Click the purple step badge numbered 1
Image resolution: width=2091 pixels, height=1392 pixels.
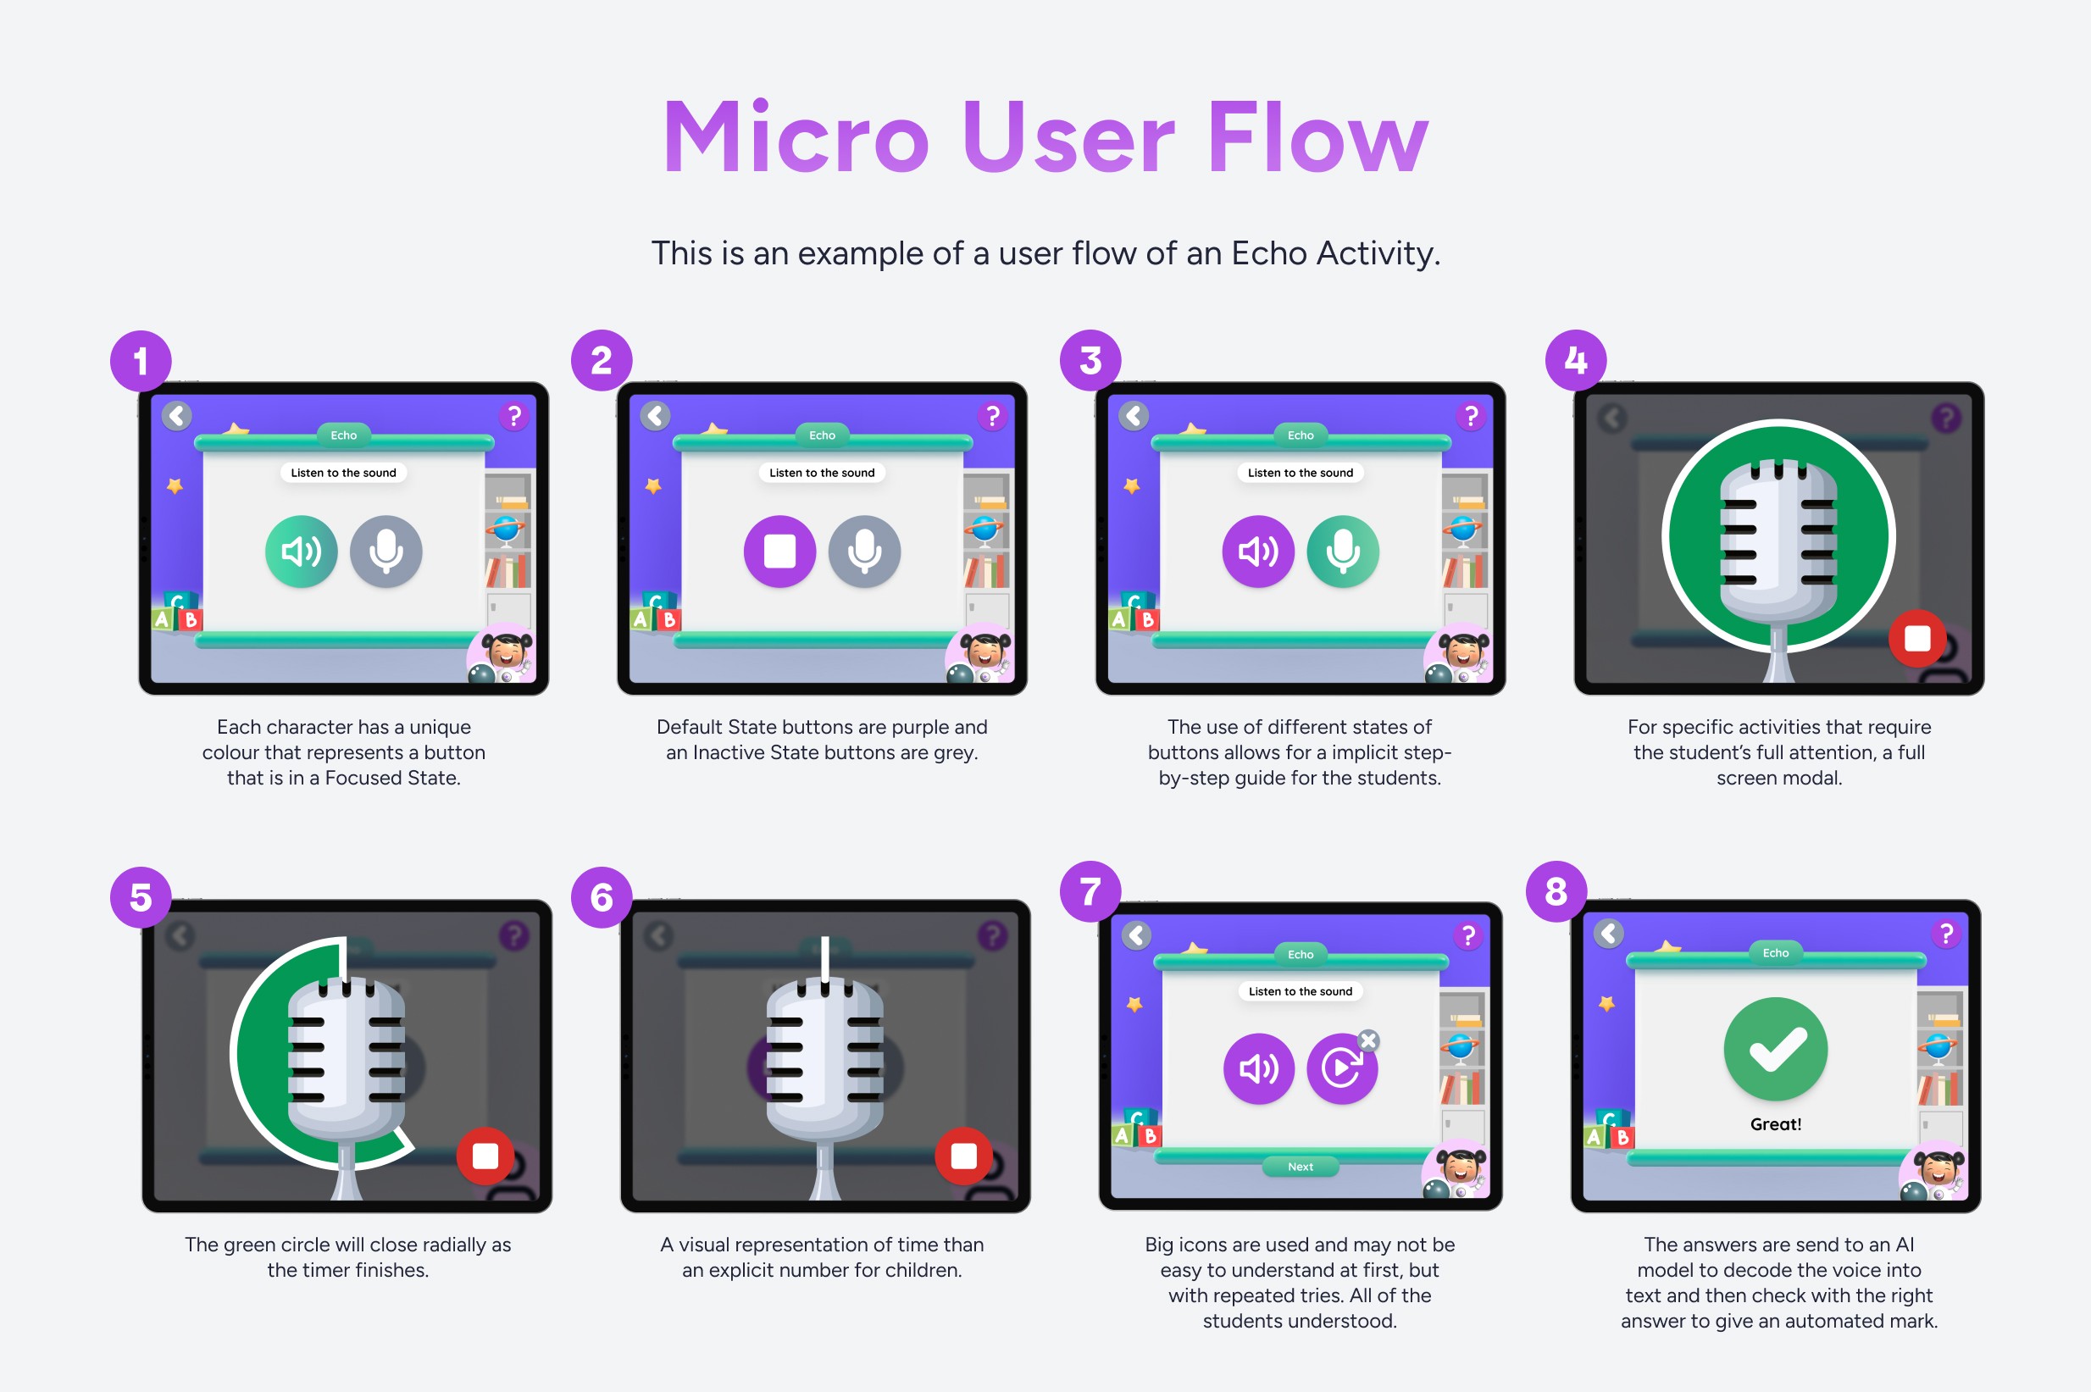click(x=141, y=361)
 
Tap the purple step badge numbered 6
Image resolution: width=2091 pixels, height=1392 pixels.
click(x=601, y=897)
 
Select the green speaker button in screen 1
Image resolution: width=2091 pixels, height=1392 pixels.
click(x=301, y=552)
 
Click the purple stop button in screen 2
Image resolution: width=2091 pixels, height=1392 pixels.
click(x=779, y=552)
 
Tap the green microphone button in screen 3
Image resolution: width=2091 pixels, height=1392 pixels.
click(x=1343, y=552)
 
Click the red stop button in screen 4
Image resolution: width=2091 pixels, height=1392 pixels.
click(x=1917, y=638)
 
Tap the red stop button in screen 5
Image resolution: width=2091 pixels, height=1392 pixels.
click(x=485, y=1156)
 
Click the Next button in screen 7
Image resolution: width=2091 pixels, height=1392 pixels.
click(x=1301, y=1167)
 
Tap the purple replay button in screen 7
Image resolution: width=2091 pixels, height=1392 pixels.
click(x=1341, y=1069)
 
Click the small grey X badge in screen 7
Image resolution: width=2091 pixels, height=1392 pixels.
click(x=1368, y=1040)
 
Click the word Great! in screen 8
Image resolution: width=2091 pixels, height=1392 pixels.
click(x=1775, y=1124)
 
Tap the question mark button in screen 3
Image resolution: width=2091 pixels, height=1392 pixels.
click(x=1471, y=416)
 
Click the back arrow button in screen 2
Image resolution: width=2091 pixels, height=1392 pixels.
click(x=655, y=415)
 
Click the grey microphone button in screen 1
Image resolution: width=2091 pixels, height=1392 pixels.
click(x=386, y=552)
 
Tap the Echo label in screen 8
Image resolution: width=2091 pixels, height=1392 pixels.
click(x=1775, y=952)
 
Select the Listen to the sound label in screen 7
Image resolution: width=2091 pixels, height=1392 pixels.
click(x=1301, y=991)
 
